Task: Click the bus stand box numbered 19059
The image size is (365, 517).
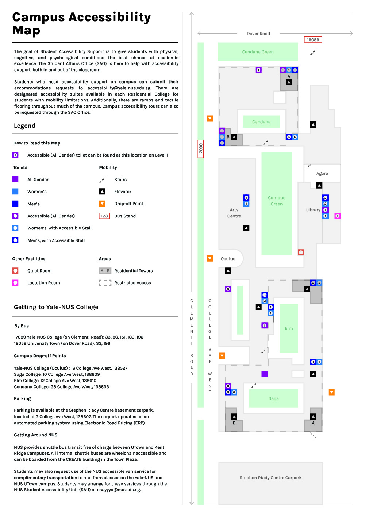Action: point(313,40)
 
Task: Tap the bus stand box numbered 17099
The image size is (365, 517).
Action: point(201,149)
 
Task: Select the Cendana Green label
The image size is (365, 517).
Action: point(258,52)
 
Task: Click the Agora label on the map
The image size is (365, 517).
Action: point(322,173)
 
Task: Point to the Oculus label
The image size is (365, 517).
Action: point(228,259)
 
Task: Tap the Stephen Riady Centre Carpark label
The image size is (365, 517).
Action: point(270,478)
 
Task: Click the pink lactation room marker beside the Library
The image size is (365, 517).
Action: point(338,216)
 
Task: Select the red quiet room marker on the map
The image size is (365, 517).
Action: point(301,252)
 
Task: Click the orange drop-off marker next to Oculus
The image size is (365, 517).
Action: point(210,258)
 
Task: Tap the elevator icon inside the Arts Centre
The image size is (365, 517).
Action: point(246,228)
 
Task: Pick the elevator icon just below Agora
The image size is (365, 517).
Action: point(319,186)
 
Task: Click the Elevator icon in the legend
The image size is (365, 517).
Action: point(102,192)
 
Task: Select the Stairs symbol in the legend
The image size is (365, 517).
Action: point(103,180)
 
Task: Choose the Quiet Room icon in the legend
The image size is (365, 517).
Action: point(15,271)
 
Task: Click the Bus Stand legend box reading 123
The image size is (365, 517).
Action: point(104,216)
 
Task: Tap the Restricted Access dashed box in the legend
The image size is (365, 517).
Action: point(105,283)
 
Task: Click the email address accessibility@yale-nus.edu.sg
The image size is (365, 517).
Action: point(119,88)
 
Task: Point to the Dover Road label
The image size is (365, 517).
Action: point(258,34)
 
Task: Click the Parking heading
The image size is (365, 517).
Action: point(22,398)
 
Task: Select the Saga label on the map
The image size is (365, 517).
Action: point(274,398)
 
